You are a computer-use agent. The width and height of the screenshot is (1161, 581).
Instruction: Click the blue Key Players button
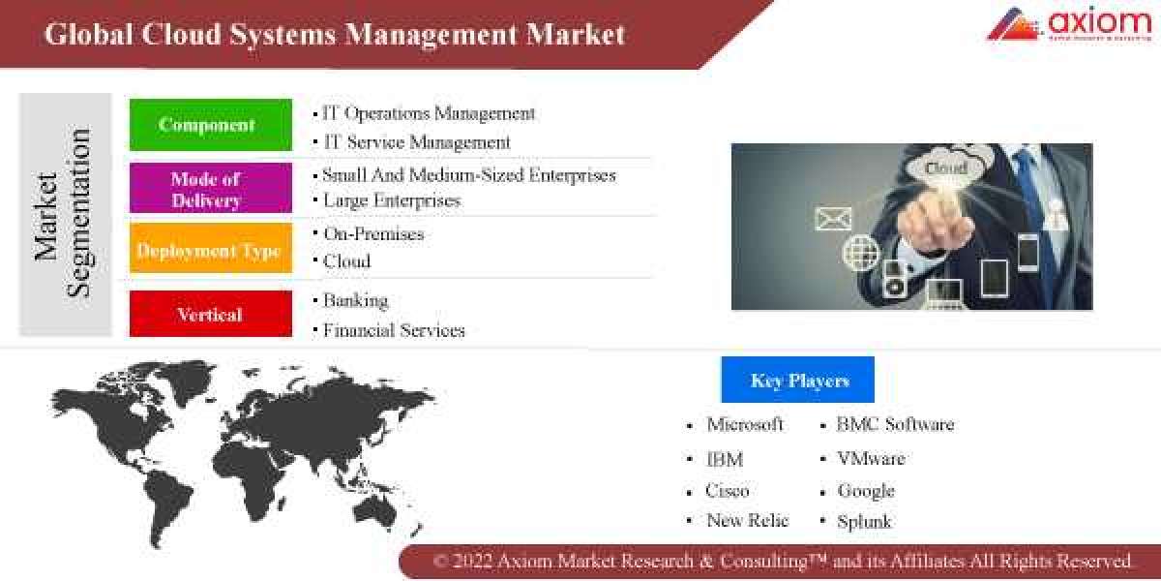click(797, 380)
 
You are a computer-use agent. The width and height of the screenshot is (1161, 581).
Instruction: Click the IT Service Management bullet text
click(416, 142)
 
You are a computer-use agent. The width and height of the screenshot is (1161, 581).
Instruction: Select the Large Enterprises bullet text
click(391, 200)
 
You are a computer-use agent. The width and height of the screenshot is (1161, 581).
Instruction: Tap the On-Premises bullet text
click(372, 233)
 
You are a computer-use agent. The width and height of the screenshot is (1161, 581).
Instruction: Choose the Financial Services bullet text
click(393, 330)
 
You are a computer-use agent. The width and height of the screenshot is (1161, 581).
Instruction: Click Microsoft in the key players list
click(744, 424)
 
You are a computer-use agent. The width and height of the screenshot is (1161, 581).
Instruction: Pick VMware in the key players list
click(870, 457)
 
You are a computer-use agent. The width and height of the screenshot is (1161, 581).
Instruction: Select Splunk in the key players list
click(864, 521)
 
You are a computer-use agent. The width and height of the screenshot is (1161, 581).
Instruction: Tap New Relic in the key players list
click(747, 520)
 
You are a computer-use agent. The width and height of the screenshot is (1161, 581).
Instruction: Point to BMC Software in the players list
click(894, 424)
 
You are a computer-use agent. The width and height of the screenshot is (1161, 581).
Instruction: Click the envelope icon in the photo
click(833, 219)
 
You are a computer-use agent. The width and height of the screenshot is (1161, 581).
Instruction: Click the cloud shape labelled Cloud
click(946, 168)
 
